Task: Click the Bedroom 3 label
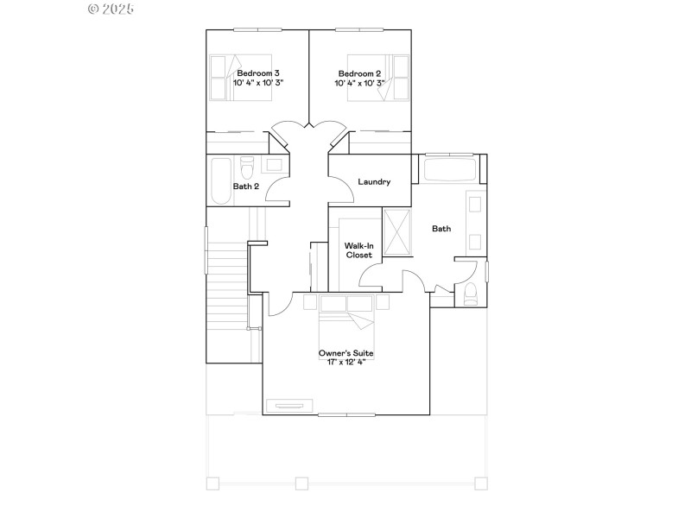click(x=258, y=73)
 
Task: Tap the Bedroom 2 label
click(x=360, y=73)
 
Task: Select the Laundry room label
click(x=374, y=182)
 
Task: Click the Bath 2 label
click(x=246, y=186)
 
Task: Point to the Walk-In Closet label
click(x=359, y=250)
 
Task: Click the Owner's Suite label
click(x=345, y=353)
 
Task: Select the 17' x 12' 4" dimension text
click(x=345, y=363)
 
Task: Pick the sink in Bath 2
click(x=275, y=164)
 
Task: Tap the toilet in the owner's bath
click(x=470, y=294)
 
